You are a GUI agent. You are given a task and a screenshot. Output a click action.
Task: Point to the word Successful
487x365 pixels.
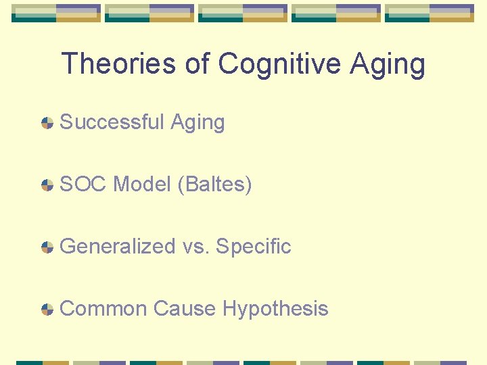[112, 122]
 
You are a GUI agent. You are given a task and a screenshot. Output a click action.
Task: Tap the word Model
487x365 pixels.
[142, 184]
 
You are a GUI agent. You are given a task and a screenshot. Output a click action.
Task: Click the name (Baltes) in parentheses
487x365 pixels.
[214, 185]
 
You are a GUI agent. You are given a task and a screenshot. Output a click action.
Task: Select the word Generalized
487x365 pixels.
[118, 247]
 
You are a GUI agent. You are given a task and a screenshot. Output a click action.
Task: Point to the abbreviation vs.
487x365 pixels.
[195, 247]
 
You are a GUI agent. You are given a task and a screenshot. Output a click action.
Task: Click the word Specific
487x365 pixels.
[253, 247]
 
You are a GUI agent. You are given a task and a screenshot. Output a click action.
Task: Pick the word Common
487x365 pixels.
[103, 309]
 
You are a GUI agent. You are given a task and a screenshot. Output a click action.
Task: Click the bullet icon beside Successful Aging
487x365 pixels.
[47, 123]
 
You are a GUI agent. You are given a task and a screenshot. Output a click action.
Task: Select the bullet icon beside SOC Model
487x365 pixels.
[47, 185]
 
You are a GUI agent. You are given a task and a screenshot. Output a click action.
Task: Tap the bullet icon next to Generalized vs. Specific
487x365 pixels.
[47, 247]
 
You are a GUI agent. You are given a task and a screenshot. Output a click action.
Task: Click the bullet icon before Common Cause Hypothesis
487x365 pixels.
[47, 310]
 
